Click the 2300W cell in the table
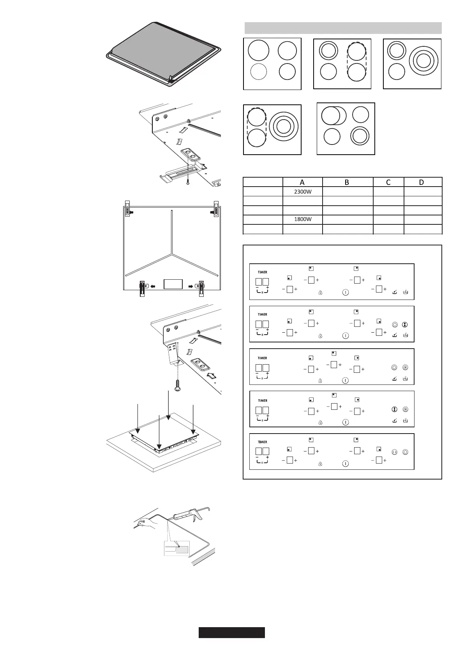302,192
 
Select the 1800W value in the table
302,219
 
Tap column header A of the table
302,182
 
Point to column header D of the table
423,182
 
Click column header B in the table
347,182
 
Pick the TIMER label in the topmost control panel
263,272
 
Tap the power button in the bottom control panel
345,464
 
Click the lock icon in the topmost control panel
320,292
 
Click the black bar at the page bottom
231,633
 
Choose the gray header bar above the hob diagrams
343,28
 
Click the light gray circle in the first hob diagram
258,72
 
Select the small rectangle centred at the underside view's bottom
173,284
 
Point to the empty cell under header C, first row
388,192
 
